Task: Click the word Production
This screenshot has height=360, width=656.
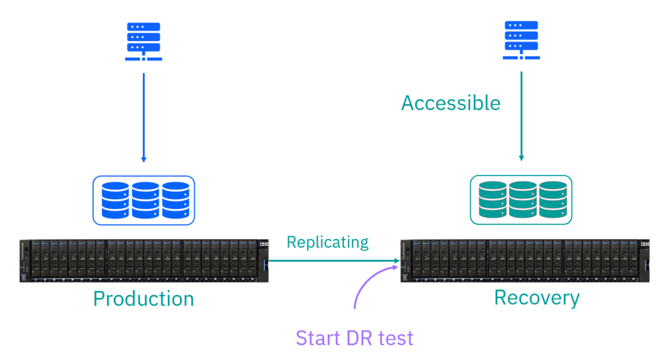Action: (143, 299)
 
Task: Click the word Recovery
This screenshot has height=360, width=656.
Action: (537, 298)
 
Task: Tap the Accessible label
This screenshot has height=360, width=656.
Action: (451, 103)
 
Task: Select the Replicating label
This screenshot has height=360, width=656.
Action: (327, 242)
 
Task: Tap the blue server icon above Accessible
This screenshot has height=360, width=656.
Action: (521, 40)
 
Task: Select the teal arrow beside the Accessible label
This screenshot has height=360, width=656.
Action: (521, 115)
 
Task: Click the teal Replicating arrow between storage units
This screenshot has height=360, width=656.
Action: (333, 261)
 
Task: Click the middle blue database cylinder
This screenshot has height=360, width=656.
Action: (145, 200)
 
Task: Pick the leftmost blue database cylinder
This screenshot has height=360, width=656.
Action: (115, 200)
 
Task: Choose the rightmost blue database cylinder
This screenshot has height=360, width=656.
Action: (175, 200)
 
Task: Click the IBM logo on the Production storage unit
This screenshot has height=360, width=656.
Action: (264, 245)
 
